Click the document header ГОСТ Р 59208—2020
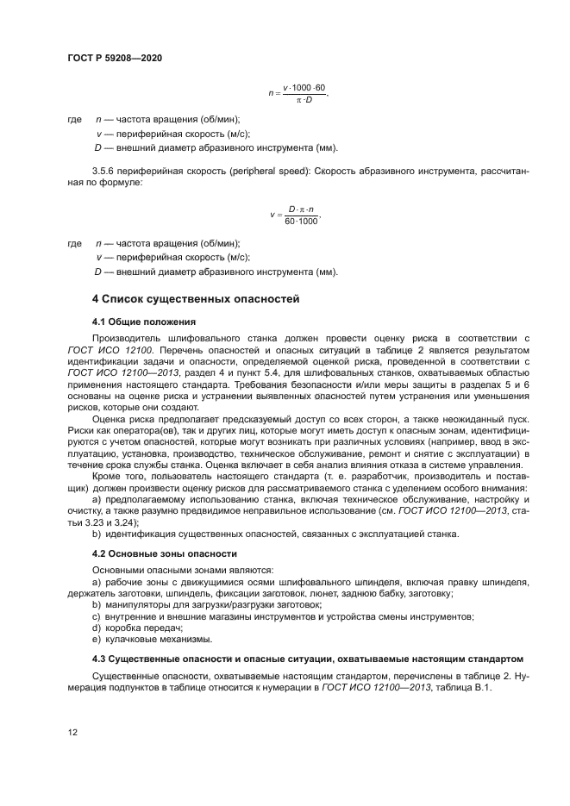115,58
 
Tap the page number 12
72,732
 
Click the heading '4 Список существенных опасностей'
195,300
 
